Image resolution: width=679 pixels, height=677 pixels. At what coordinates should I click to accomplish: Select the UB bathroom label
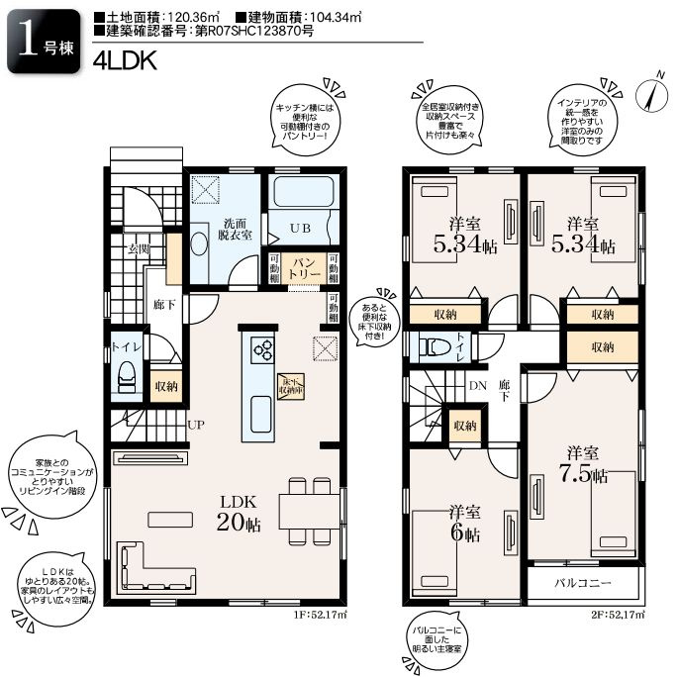[x=299, y=228]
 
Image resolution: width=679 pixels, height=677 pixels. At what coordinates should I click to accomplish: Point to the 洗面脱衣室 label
[x=236, y=230]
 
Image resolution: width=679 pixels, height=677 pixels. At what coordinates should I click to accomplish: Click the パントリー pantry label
[x=303, y=268]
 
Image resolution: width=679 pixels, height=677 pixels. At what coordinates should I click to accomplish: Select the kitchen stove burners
[x=264, y=347]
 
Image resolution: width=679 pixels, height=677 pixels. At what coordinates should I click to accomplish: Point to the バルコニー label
[x=583, y=583]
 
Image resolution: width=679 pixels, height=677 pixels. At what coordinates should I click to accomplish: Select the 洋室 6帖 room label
[x=464, y=524]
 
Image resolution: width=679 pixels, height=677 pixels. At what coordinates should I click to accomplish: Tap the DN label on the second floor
[x=478, y=386]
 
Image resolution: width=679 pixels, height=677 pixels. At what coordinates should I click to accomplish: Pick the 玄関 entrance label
[x=137, y=249]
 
